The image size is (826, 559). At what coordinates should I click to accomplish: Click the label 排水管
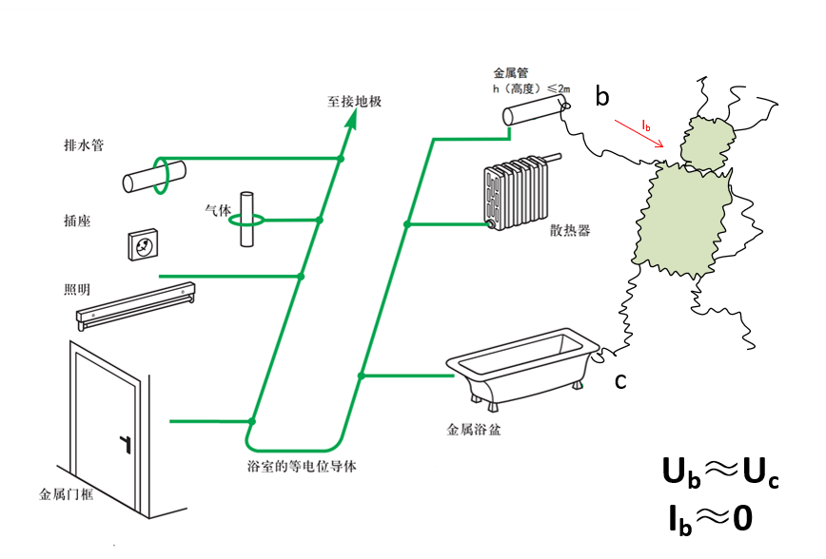[x=84, y=146]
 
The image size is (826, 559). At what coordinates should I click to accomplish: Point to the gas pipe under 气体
[x=247, y=220]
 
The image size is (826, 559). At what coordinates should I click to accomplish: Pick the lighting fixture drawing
[x=137, y=306]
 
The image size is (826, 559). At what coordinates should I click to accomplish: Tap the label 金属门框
[x=69, y=495]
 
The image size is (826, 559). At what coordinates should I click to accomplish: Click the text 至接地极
[x=354, y=101]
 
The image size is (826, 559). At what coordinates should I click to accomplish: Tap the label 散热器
[x=569, y=230]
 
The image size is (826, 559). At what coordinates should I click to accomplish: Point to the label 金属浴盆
[x=474, y=430]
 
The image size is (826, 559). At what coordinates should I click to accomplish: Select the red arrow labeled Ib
[x=639, y=133]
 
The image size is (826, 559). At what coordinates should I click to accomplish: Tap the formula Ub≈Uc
[x=719, y=472]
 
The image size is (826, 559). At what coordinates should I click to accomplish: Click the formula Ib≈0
[x=711, y=518]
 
